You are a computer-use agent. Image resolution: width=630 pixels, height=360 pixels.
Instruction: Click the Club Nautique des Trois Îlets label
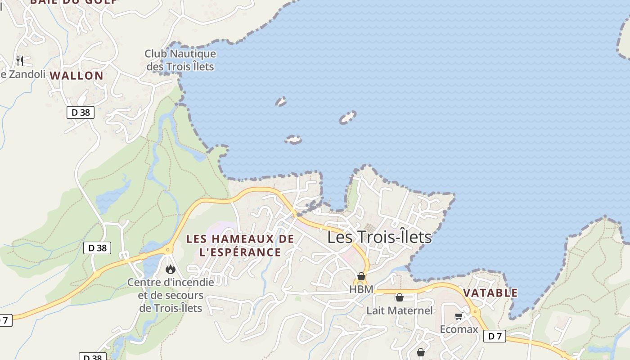pos(180,60)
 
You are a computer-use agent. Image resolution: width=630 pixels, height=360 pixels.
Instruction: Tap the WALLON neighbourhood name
pos(76,76)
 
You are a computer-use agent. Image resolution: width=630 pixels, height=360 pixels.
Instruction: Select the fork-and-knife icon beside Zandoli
pos(19,61)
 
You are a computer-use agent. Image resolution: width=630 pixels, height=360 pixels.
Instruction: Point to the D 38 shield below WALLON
pos(81,112)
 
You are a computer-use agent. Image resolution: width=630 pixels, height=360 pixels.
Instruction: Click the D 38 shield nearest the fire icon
pos(97,247)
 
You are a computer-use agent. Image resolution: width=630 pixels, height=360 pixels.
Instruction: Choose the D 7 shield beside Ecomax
pos(495,336)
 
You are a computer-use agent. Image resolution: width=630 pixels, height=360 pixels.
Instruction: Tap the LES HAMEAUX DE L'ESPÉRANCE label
pos(240,245)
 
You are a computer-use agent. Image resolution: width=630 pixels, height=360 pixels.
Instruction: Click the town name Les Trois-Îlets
pos(379,237)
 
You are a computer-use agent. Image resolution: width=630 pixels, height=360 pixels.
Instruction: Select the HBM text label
pos(361,289)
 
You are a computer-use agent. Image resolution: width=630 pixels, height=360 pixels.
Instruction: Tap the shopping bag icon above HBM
pos(361,276)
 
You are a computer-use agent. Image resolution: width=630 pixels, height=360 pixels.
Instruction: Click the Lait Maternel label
pos(399,310)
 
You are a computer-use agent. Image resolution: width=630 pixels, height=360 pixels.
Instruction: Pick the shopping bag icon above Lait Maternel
pos(399,297)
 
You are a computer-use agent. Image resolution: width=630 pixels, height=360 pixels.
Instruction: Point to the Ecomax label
pos(459,329)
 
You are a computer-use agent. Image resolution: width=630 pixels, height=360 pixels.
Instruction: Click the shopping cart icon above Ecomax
pos(459,316)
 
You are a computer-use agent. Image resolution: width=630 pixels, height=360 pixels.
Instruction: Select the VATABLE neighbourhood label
pos(490,293)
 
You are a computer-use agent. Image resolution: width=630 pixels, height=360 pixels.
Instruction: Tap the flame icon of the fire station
pos(170,269)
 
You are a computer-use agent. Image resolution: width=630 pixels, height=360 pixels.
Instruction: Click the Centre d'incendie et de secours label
pos(171,295)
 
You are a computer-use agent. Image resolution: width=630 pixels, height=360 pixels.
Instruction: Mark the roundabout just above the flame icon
pos(169,249)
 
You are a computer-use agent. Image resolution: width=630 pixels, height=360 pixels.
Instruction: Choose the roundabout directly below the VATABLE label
pos(476,311)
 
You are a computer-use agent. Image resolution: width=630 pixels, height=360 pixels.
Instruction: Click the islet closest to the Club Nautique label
pos(281,102)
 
